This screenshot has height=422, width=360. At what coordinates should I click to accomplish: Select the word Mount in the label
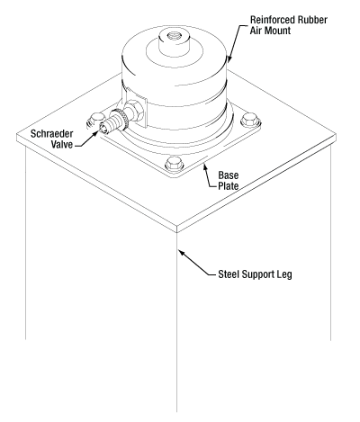pos(277,31)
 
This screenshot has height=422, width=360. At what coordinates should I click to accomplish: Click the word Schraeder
pos(51,133)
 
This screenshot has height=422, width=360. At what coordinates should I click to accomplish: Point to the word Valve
pos(62,144)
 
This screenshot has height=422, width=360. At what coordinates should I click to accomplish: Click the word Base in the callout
pos(229,175)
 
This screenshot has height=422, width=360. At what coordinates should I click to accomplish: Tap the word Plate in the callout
pos(229,186)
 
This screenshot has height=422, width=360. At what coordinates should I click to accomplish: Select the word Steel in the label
pos(229,274)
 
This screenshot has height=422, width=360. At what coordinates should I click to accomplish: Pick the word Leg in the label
pos(284,274)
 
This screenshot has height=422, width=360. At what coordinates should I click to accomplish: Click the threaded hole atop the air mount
pos(174,35)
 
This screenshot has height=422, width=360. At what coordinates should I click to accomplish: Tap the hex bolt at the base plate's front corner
pos(174,164)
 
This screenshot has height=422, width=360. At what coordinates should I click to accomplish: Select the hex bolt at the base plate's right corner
pos(250,120)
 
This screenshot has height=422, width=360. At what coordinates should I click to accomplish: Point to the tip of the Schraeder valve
pos(100,129)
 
